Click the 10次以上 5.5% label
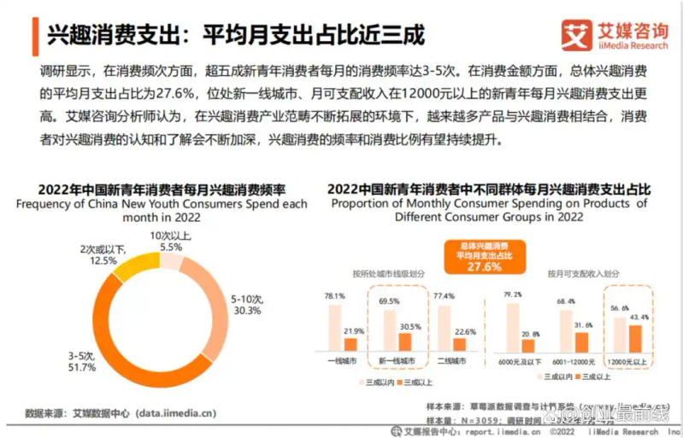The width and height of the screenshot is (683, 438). (x=171, y=240)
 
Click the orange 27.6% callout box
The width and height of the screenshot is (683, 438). (x=483, y=256)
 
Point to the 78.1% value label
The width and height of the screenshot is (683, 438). (x=334, y=295)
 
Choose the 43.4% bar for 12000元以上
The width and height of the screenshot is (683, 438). (x=634, y=338)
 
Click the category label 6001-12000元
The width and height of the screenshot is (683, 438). (x=573, y=362)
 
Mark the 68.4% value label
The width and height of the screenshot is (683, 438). (x=565, y=301)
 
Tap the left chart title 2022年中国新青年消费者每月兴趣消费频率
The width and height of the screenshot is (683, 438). (x=162, y=190)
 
